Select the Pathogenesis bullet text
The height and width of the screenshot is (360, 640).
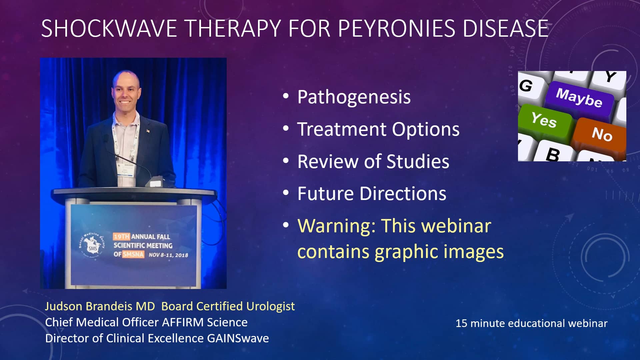[x=354, y=97]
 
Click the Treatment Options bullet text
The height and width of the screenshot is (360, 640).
[x=378, y=129]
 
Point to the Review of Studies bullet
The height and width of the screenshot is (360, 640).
[x=373, y=161]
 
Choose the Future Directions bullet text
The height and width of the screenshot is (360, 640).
[x=372, y=194]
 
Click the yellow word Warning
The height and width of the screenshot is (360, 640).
[x=337, y=226]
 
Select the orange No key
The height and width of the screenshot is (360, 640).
[x=601, y=135]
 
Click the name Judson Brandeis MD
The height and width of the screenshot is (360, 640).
[x=100, y=306]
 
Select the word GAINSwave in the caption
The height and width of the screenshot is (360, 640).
[x=238, y=338]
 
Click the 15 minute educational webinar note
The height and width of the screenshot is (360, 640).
[x=531, y=323]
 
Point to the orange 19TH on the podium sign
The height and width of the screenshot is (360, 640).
[x=121, y=237]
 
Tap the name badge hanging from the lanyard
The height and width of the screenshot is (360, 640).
[x=126, y=170]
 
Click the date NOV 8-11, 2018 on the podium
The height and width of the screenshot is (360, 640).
[x=168, y=255]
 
